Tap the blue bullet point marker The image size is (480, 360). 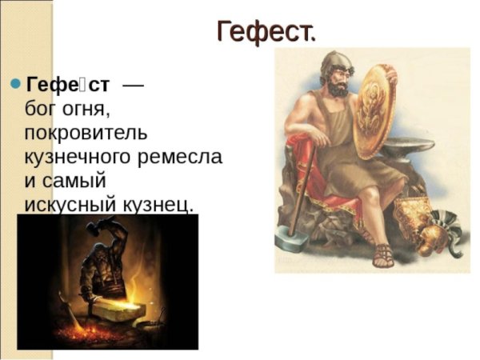tap(14, 83)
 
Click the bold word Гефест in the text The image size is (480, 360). tap(68, 84)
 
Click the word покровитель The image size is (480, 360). tap(86, 131)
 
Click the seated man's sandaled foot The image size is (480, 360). tap(382, 256)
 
